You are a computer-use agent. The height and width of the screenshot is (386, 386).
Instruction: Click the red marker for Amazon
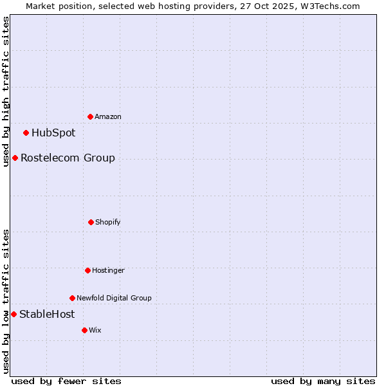tap(90, 116)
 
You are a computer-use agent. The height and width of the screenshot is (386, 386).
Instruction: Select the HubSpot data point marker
tap(26, 133)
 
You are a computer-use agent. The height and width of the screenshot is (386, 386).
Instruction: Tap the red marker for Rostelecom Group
tap(15, 158)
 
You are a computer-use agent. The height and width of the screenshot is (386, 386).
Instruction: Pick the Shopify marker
tap(91, 222)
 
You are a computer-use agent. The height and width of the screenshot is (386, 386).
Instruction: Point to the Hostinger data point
tap(87, 270)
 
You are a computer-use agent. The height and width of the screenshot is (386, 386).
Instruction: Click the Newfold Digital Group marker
tap(72, 298)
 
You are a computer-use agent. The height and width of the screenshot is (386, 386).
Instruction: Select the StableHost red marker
tap(14, 314)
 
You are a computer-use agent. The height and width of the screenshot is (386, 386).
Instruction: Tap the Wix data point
tap(84, 330)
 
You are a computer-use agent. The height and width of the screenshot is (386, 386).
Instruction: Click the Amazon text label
tap(108, 116)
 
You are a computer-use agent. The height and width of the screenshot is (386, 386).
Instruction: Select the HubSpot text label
tap(53, 133)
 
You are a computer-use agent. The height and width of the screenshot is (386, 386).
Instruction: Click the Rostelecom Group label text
tap(68, 158)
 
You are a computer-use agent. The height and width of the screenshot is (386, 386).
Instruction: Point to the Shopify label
tap(108, 222)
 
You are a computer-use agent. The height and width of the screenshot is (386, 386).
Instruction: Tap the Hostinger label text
tap(108, 270)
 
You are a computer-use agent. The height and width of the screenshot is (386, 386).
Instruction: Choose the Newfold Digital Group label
tap(114, 298)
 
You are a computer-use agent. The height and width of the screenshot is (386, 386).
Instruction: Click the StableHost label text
tap(47, 314)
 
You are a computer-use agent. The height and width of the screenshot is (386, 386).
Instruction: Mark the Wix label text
tap(95, 330)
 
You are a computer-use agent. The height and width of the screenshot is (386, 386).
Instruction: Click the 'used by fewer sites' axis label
tap(66, 381)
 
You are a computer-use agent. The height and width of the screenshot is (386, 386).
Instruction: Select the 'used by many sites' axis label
tap(323, 381)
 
